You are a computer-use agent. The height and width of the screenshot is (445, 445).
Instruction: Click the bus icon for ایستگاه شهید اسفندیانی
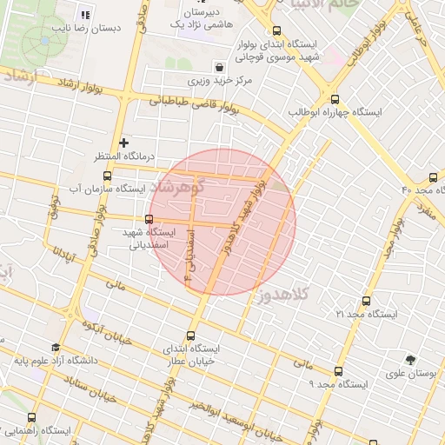[150, 219]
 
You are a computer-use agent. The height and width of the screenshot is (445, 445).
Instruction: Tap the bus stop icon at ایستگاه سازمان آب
[107, 176]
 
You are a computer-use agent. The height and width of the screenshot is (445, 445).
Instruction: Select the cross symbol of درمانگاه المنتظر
[124, 142]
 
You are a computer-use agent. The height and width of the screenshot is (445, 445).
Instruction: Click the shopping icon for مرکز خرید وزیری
[218, 67]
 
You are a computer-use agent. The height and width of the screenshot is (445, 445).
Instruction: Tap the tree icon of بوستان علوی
[410, 359]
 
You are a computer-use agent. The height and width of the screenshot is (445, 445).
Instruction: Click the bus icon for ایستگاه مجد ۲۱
[365, 301]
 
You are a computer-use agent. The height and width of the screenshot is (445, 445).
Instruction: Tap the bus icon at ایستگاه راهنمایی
[32, 418]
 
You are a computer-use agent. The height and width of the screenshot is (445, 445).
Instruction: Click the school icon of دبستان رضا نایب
[84, 14]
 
